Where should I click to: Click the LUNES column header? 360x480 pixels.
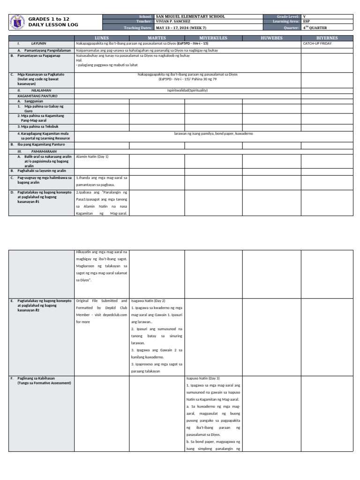coord(102,38)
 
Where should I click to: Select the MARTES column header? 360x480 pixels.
coord(157,38)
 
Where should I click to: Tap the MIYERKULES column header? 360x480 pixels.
coord(213,38)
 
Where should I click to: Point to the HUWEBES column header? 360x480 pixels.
coord(271,38)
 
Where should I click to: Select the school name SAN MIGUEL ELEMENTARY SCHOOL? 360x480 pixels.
coord(190,16)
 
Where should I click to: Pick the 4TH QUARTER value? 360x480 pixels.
coord(315,28)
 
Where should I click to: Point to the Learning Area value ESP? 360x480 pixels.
coord(306,22)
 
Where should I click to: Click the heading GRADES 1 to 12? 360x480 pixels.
coord(49,19)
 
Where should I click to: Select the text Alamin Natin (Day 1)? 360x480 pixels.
coord(92,157)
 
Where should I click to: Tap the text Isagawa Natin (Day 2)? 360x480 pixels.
coord(148,300)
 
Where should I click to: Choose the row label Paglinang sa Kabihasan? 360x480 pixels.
coord(37,378)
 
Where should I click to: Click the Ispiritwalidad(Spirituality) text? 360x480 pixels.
coord(187,90)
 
